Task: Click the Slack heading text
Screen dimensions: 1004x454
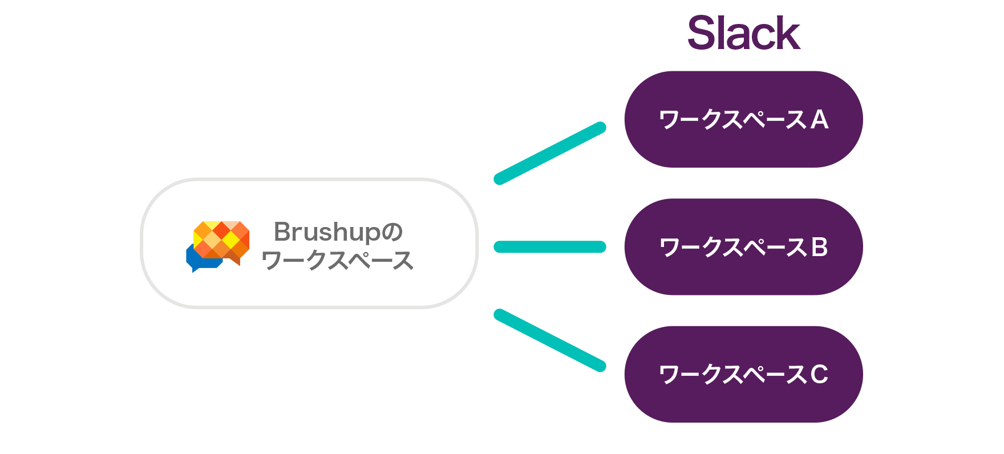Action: click(x=744, y=33)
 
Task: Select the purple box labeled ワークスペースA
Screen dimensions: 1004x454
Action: click(x=743, y=119)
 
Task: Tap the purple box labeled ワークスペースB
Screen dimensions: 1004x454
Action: click(x=743, y=247)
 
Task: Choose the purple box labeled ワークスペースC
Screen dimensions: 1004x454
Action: click(x=743, y=374)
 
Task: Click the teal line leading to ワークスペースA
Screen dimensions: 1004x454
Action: click(x=550, y=153)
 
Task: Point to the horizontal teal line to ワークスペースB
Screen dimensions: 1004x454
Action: click(x=550, y=246)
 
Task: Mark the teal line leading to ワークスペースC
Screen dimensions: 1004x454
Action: click(x=550, y=340)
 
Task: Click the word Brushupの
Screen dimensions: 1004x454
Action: click(x=338, y=232)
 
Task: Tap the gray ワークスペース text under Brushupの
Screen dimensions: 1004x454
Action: click(x=337, y=260)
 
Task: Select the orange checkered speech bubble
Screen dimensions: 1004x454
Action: click(x=222, y=241)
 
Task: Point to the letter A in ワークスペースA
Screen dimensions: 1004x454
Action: click(x=819, y=120)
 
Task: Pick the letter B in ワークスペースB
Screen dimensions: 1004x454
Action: click(x=819, y=248)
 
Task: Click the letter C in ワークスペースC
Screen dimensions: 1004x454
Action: click(x=819, y=375)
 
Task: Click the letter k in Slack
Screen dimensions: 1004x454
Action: click(x=788, y=33)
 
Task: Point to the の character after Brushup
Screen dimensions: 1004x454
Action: click(x=392, y=232)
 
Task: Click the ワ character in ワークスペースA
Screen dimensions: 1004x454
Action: click(x=669, y=120)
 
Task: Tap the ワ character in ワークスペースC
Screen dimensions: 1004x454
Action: click(x=669, y=375)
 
